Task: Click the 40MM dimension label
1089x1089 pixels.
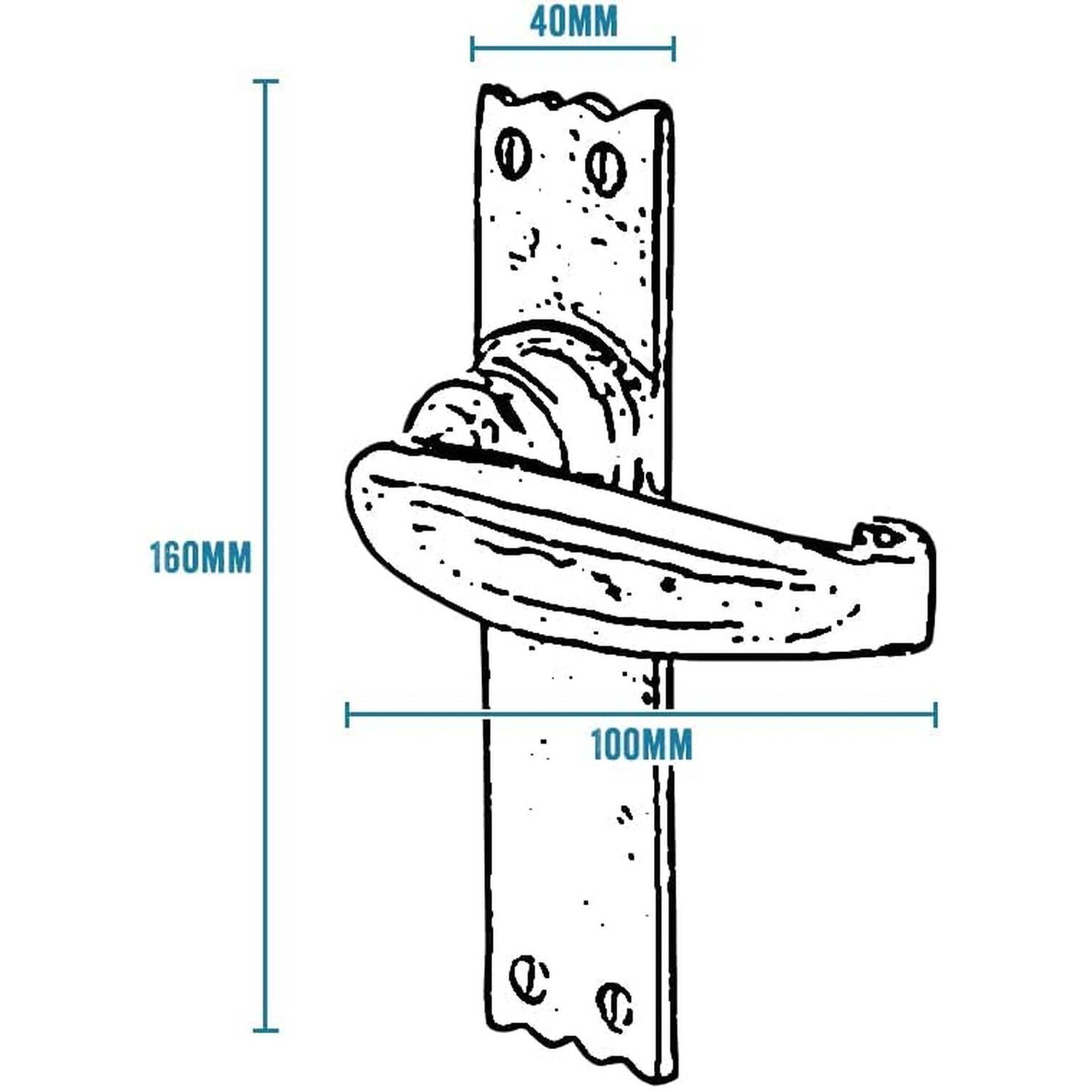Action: coord(574,22)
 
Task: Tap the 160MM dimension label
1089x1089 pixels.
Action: coord(200,558)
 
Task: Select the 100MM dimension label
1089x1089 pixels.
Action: coord(642,745)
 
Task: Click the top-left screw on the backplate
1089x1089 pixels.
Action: coord(513,153)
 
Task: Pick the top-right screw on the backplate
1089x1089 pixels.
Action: coord(605,169)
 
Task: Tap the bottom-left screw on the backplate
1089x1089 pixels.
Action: coord(529,979)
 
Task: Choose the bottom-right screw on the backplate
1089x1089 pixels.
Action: coord(614,1006)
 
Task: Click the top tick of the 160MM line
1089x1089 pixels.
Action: coord(265,81)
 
